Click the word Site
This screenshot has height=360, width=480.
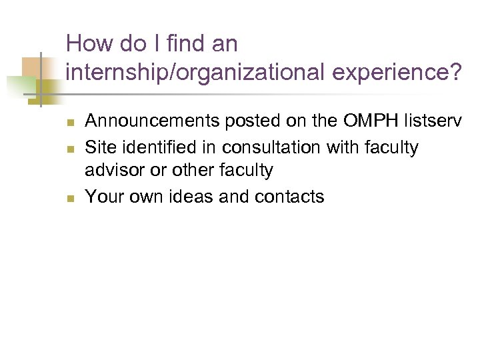click(99, 147)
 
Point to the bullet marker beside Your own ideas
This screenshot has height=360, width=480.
click(70, 198)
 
